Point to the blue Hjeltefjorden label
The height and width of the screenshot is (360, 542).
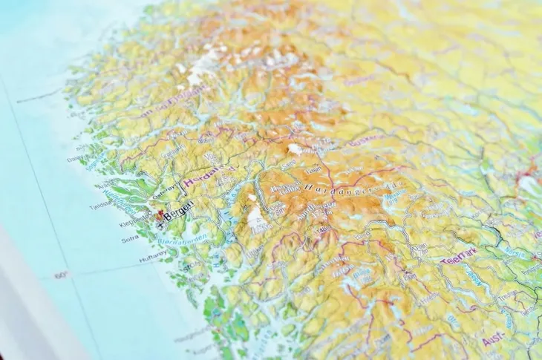(x=119, y=195)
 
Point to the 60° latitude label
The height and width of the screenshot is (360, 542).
(x=61, y=276)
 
